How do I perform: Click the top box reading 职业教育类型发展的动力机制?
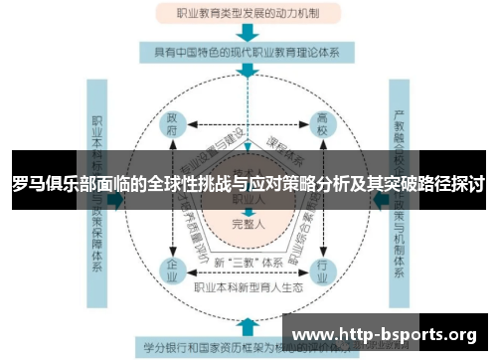[248, 14]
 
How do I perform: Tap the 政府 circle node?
[174, 127]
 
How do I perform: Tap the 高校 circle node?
[323, 127]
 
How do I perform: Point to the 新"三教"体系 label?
[248, 263]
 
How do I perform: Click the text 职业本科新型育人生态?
[248, 286]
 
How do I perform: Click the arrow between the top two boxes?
[248, 32]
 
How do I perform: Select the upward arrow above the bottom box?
[248, 324]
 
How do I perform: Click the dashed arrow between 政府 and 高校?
[248, 127]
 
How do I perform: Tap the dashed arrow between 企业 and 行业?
[248, 270]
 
